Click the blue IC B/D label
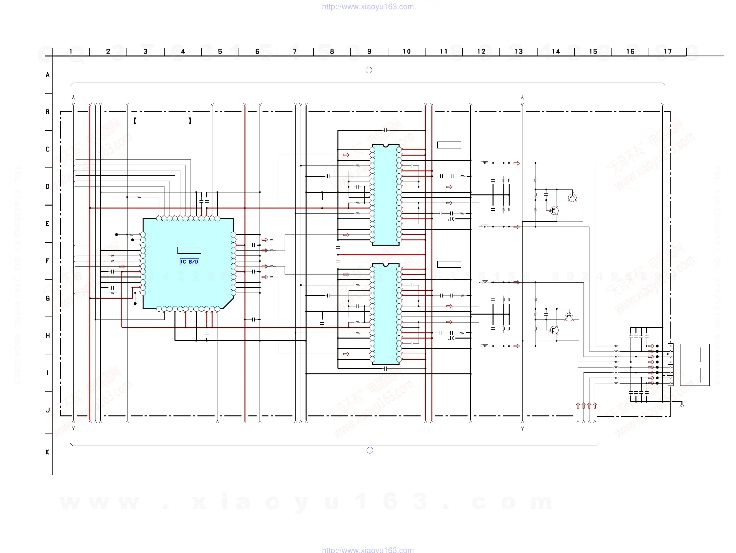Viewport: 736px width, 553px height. coord(189,262)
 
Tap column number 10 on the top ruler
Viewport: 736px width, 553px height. coord(406,52)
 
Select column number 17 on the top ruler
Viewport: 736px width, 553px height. coord(667,52)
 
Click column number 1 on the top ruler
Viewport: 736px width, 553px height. coord(71,52)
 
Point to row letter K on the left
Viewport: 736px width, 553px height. coord(47,452)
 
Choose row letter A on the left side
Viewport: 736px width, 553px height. coord(48,75)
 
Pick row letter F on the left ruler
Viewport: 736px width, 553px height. coord(47,261)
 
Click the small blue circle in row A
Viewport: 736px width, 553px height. coord(369,70)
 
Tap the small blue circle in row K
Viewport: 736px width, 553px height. coord(370,450)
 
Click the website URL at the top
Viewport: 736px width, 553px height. coord(368,7)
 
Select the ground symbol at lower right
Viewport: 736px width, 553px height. coord(681,405)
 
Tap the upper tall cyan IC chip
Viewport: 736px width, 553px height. coord(386,194)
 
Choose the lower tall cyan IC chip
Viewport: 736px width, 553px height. coord(386,314)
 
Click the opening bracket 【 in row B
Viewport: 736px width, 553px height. coord(135,121)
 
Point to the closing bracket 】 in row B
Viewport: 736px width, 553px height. coord(190,121)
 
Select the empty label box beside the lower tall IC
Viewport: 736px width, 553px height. coord(449,264)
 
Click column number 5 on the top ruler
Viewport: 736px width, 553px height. coord(220,52)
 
